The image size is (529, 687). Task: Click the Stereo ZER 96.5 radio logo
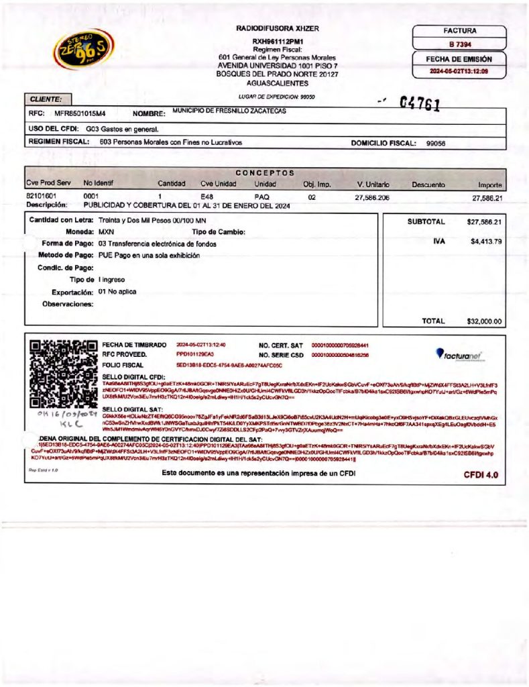point(79,48)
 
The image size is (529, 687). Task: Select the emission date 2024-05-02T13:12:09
point(458,70)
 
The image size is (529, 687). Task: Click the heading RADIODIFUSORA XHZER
point(278,29)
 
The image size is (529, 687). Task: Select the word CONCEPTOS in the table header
point(265,172)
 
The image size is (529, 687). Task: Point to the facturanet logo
point(459,355)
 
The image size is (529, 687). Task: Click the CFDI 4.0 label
point(481,475)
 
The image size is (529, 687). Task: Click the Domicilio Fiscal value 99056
point(436,143)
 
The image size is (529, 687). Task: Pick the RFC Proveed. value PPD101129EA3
point(195,354)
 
